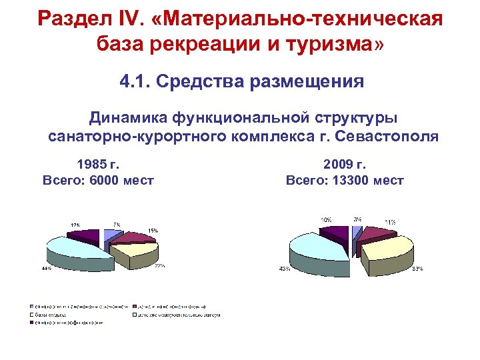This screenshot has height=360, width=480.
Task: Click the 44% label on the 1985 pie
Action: [46, 269]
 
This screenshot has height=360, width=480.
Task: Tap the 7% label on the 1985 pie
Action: [116, 225]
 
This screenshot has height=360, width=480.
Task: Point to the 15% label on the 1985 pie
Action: [153, 231]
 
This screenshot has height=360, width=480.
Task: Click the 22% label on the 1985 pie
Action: [159, 265]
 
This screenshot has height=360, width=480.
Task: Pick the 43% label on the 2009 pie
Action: [284, 269]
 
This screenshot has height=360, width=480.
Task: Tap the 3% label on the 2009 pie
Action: [358, 219]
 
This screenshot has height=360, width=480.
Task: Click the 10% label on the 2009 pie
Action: [326, 219]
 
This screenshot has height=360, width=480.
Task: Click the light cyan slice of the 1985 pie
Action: [73, 249]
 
